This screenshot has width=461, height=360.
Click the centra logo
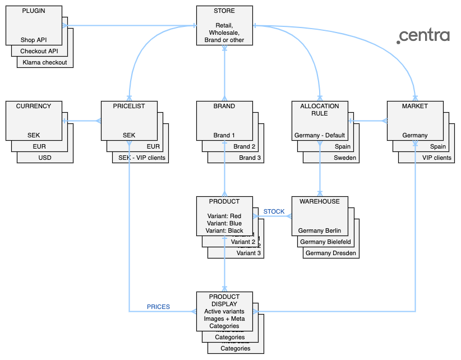coord(423,36)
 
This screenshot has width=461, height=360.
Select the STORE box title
coord(224,11)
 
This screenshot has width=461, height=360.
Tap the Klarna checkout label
coord(45,62)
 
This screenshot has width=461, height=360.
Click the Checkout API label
coord(39,51)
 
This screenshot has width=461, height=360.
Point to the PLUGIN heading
coord(34,11)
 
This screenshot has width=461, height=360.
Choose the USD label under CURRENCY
coord(45,158)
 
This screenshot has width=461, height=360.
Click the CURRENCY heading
coord(34,106)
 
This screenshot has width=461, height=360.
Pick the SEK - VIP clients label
coord(140,158)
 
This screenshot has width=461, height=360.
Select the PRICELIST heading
coord(129,106)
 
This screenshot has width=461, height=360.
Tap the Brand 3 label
coord(250,158)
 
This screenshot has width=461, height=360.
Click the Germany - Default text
coord(320,135)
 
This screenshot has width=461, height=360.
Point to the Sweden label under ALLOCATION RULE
coord(345,158)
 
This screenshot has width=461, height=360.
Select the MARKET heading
coord(415,106)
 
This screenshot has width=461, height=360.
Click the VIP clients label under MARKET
coord(437,158)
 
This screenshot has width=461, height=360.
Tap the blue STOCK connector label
coord(274,211)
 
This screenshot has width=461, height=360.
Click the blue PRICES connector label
coord(158,307)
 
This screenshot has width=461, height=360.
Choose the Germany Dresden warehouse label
coord(331,253)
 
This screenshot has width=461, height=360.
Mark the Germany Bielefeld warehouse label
coord(325,242)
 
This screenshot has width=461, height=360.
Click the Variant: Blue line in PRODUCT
coord(224,223)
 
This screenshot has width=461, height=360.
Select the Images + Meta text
coord(224,319)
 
